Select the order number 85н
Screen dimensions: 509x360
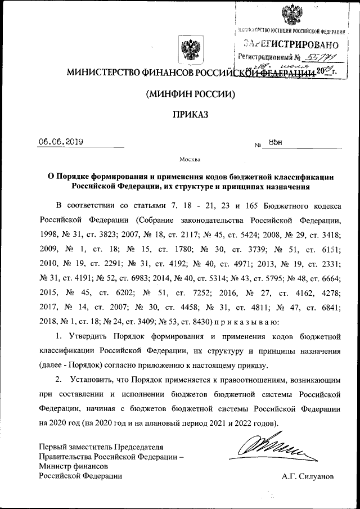(x=274, y=143)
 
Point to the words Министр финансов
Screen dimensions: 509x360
(x=73, y=466)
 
